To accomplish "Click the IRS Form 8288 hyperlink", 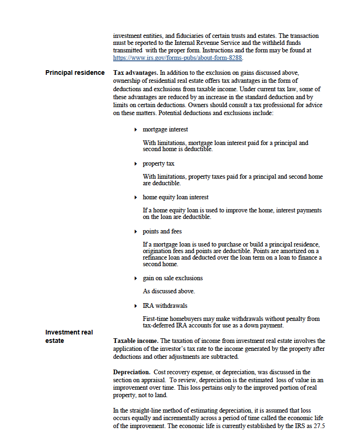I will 178,58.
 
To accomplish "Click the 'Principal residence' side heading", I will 75,73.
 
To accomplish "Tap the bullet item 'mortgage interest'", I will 165,130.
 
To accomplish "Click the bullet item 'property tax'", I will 158,164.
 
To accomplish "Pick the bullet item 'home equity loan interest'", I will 175,197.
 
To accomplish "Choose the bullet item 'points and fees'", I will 162,232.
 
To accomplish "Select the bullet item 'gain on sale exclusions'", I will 173,278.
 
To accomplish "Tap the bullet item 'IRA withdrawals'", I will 165,306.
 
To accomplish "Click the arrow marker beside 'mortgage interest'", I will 136,130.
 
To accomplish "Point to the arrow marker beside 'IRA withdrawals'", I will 136,306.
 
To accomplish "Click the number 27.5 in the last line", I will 321,426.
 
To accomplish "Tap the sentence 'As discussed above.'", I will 169,291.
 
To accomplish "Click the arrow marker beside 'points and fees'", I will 136,232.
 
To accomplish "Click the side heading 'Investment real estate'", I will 69,336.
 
